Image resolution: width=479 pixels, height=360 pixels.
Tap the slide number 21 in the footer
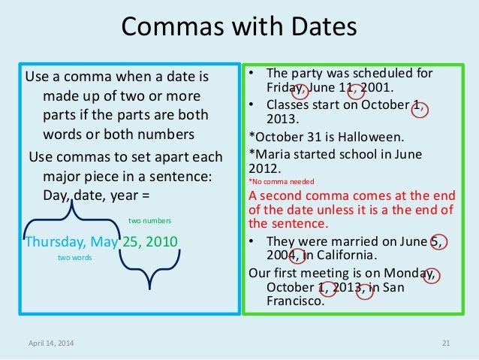(x=445, y=343)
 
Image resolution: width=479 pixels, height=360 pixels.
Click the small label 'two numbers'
(x=151, y=221)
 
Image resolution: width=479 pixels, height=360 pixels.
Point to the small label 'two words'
(x=75, y=257)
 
